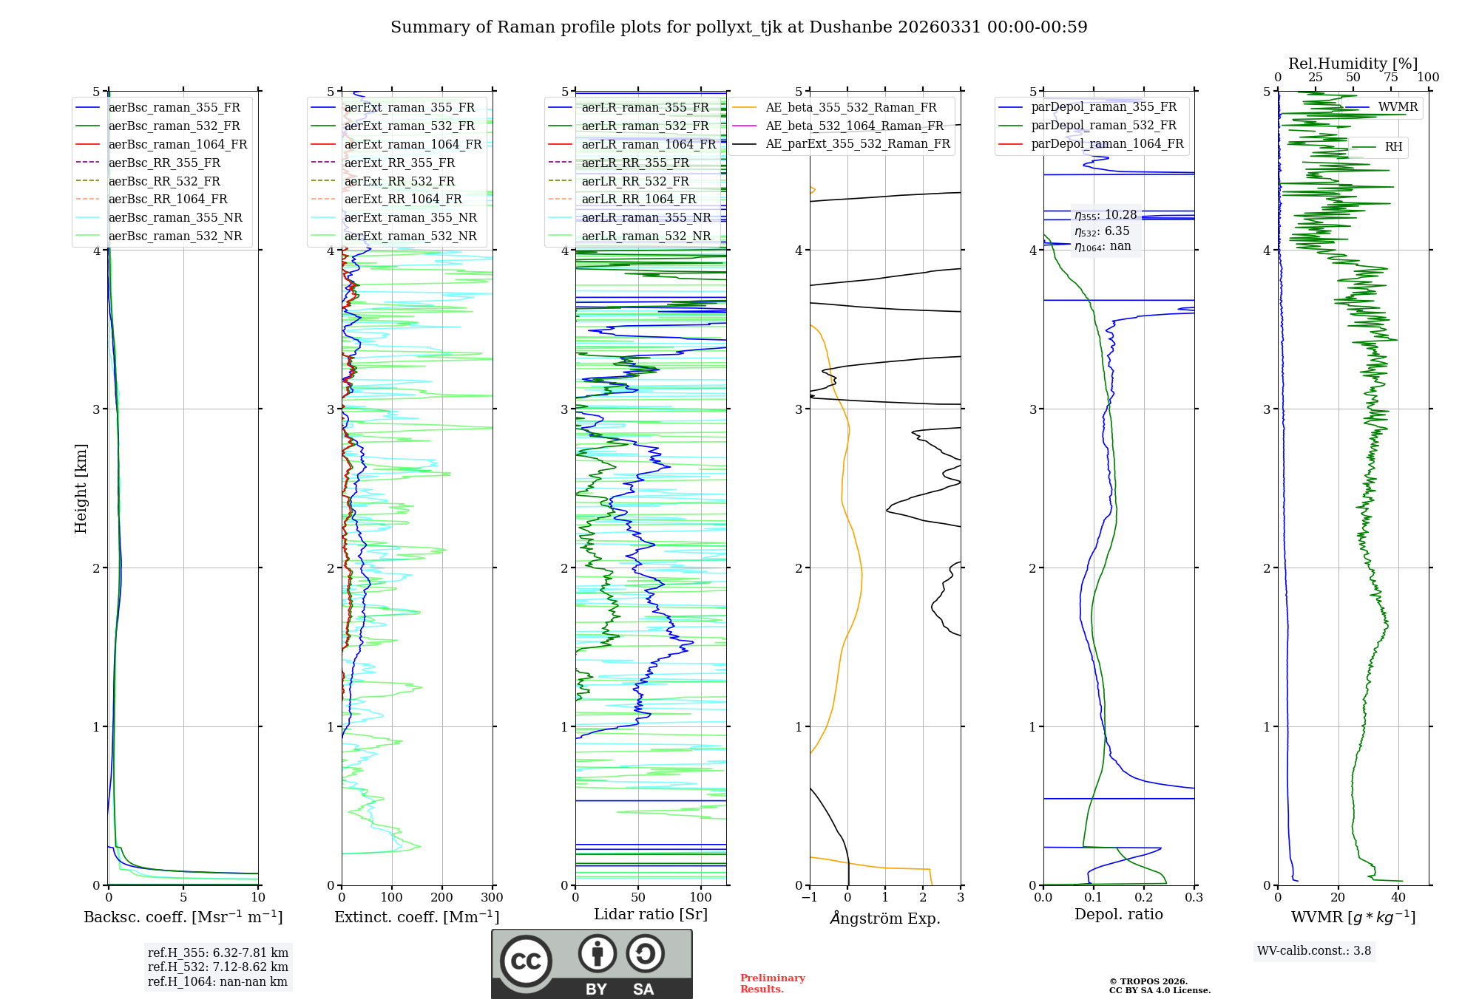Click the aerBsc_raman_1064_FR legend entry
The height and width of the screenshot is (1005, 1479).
(x=177, y=144)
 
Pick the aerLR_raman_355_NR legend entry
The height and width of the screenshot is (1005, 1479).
(x=646, y=217)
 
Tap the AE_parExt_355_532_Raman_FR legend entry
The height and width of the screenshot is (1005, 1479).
(x=857, y=143)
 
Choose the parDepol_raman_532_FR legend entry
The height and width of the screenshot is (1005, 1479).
(x=1103, y=126)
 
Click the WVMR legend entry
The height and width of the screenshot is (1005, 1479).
(x=1398, y=107)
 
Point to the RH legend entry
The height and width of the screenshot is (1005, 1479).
(x=1393, y=147)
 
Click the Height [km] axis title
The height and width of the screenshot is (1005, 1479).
(x=81, y=488)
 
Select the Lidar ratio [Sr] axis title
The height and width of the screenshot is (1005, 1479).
(x=651, y=914)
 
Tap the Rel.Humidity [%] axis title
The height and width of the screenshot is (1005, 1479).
(x=1353, y=64)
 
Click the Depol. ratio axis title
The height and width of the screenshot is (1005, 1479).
(x=1118, y=914)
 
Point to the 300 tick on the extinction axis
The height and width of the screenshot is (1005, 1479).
(x=492, y=898)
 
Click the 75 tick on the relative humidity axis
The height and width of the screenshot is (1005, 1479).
(x=1391, y=78)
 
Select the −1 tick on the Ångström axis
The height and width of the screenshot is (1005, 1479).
(x=809, y=898)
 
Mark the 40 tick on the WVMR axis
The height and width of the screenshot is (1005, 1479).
(x=1398, y=898)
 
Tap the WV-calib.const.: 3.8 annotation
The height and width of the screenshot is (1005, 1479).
(x=1314, y=951)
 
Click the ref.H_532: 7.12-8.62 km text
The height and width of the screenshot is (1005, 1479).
(x=218, y=967)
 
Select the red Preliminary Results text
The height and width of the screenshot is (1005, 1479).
(x=772, y=984)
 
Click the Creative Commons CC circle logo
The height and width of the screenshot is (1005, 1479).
(x=526, y=961)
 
